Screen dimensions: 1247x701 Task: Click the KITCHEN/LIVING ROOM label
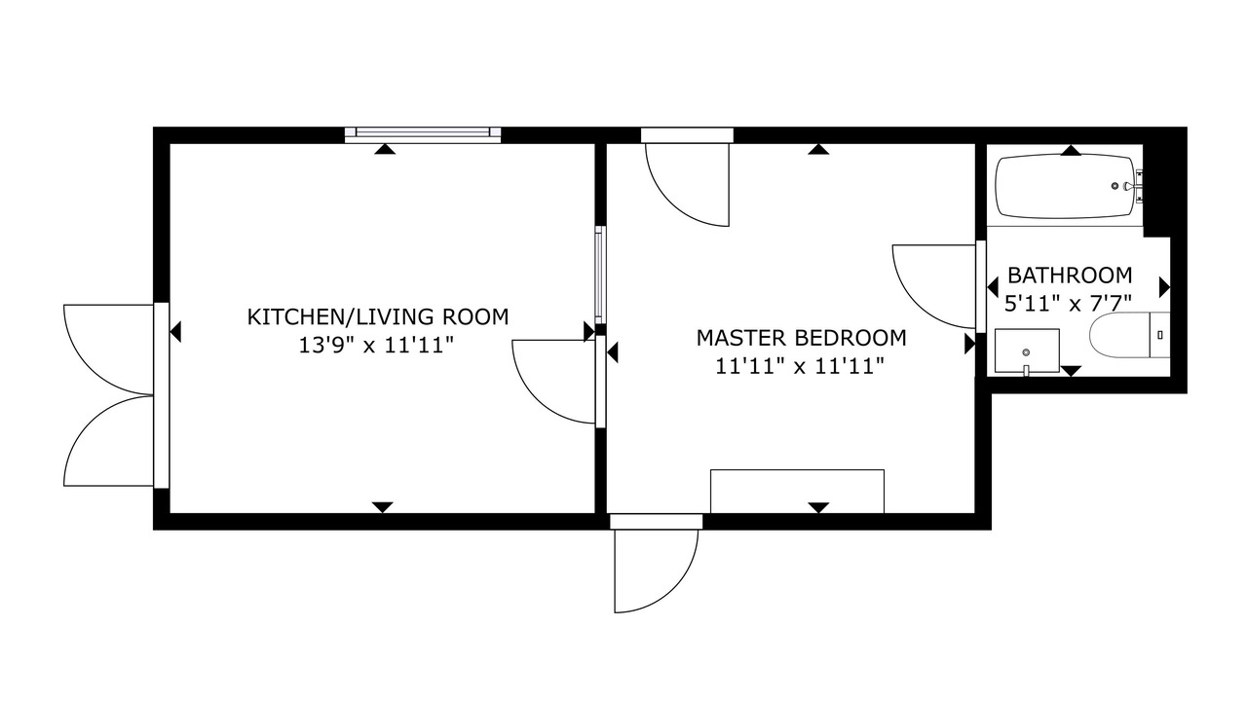point(377,317)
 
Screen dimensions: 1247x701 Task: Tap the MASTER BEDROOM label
point(801,338)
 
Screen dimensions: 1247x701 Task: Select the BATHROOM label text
point(1070,276)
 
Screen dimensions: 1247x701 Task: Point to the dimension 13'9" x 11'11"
point(376,346)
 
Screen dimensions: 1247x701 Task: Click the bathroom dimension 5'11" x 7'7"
point(1068,304)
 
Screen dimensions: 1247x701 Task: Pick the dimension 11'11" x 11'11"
point(800,367)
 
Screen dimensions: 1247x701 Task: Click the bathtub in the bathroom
point(1065,187)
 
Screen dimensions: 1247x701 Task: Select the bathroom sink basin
point(1027,351)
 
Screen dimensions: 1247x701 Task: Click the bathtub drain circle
point(1115,186)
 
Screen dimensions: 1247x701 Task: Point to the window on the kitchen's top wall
point(423,132)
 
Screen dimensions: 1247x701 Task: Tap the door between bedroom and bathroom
point(934,286)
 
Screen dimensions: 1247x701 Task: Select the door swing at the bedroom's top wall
point(687,185)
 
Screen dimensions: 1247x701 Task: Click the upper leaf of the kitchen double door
point(108,350)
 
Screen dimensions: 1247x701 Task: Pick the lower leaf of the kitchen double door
point(108,441)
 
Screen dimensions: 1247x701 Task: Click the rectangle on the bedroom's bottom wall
point(797,492)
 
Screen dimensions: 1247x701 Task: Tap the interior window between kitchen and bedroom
point(599,275)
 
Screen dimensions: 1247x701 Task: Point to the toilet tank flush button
point(1160,334)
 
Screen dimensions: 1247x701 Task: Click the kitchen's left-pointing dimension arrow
point(174,332)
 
